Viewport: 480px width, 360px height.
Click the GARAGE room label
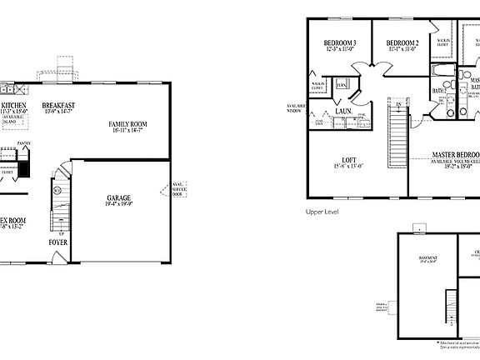117,198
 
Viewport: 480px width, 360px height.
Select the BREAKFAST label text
59,105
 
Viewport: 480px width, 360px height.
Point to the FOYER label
58,242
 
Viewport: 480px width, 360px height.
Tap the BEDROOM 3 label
340,42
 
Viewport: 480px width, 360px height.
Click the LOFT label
350,160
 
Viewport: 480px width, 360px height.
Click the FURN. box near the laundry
342,85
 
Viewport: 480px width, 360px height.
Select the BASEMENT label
427,258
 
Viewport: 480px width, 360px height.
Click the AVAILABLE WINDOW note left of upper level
296,108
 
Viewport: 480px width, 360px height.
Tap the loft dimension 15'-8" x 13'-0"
350,167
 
